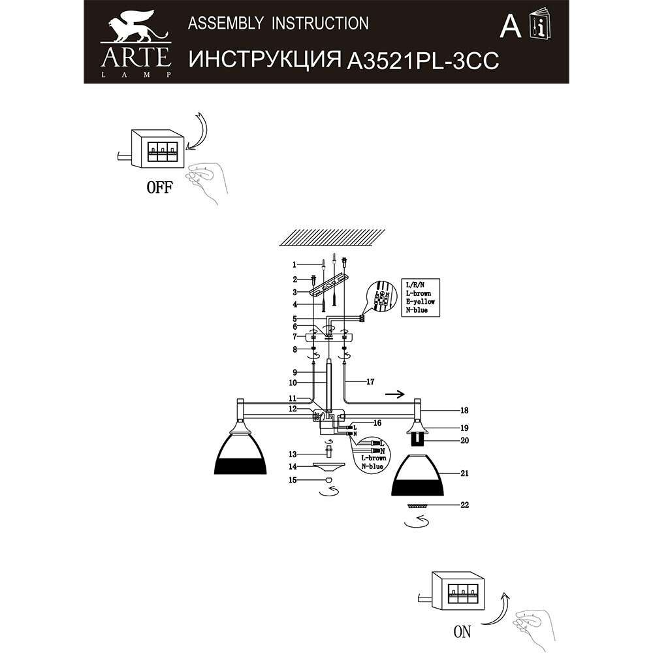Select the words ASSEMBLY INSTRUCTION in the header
pos(278,24)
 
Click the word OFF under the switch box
pos(159,188)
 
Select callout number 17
pos(370,382)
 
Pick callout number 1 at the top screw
pos(295,264)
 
